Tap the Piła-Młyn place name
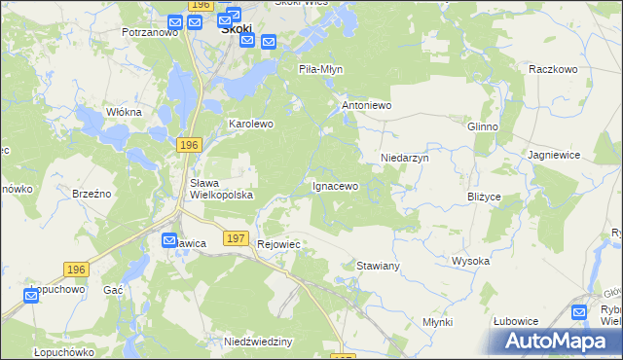(321, 70)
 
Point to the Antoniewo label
(366, 104)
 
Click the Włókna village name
(124, 112)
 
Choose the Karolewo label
(251, 125)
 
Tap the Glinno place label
(483, 127)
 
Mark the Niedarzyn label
(404, 157)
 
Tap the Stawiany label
(379, 265)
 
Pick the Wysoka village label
(470, 261)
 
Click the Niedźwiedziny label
(259, 342)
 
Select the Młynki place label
(438, 322)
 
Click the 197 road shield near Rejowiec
(235, 238)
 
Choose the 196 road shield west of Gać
(77, 269)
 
